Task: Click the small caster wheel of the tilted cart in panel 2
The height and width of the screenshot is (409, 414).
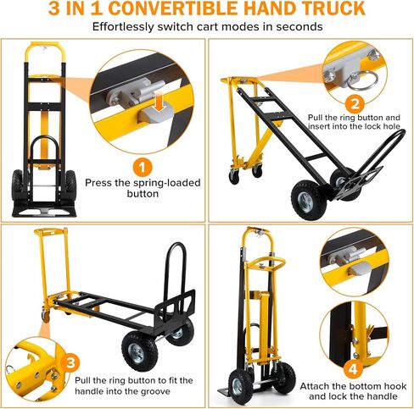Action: (234, 177)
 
